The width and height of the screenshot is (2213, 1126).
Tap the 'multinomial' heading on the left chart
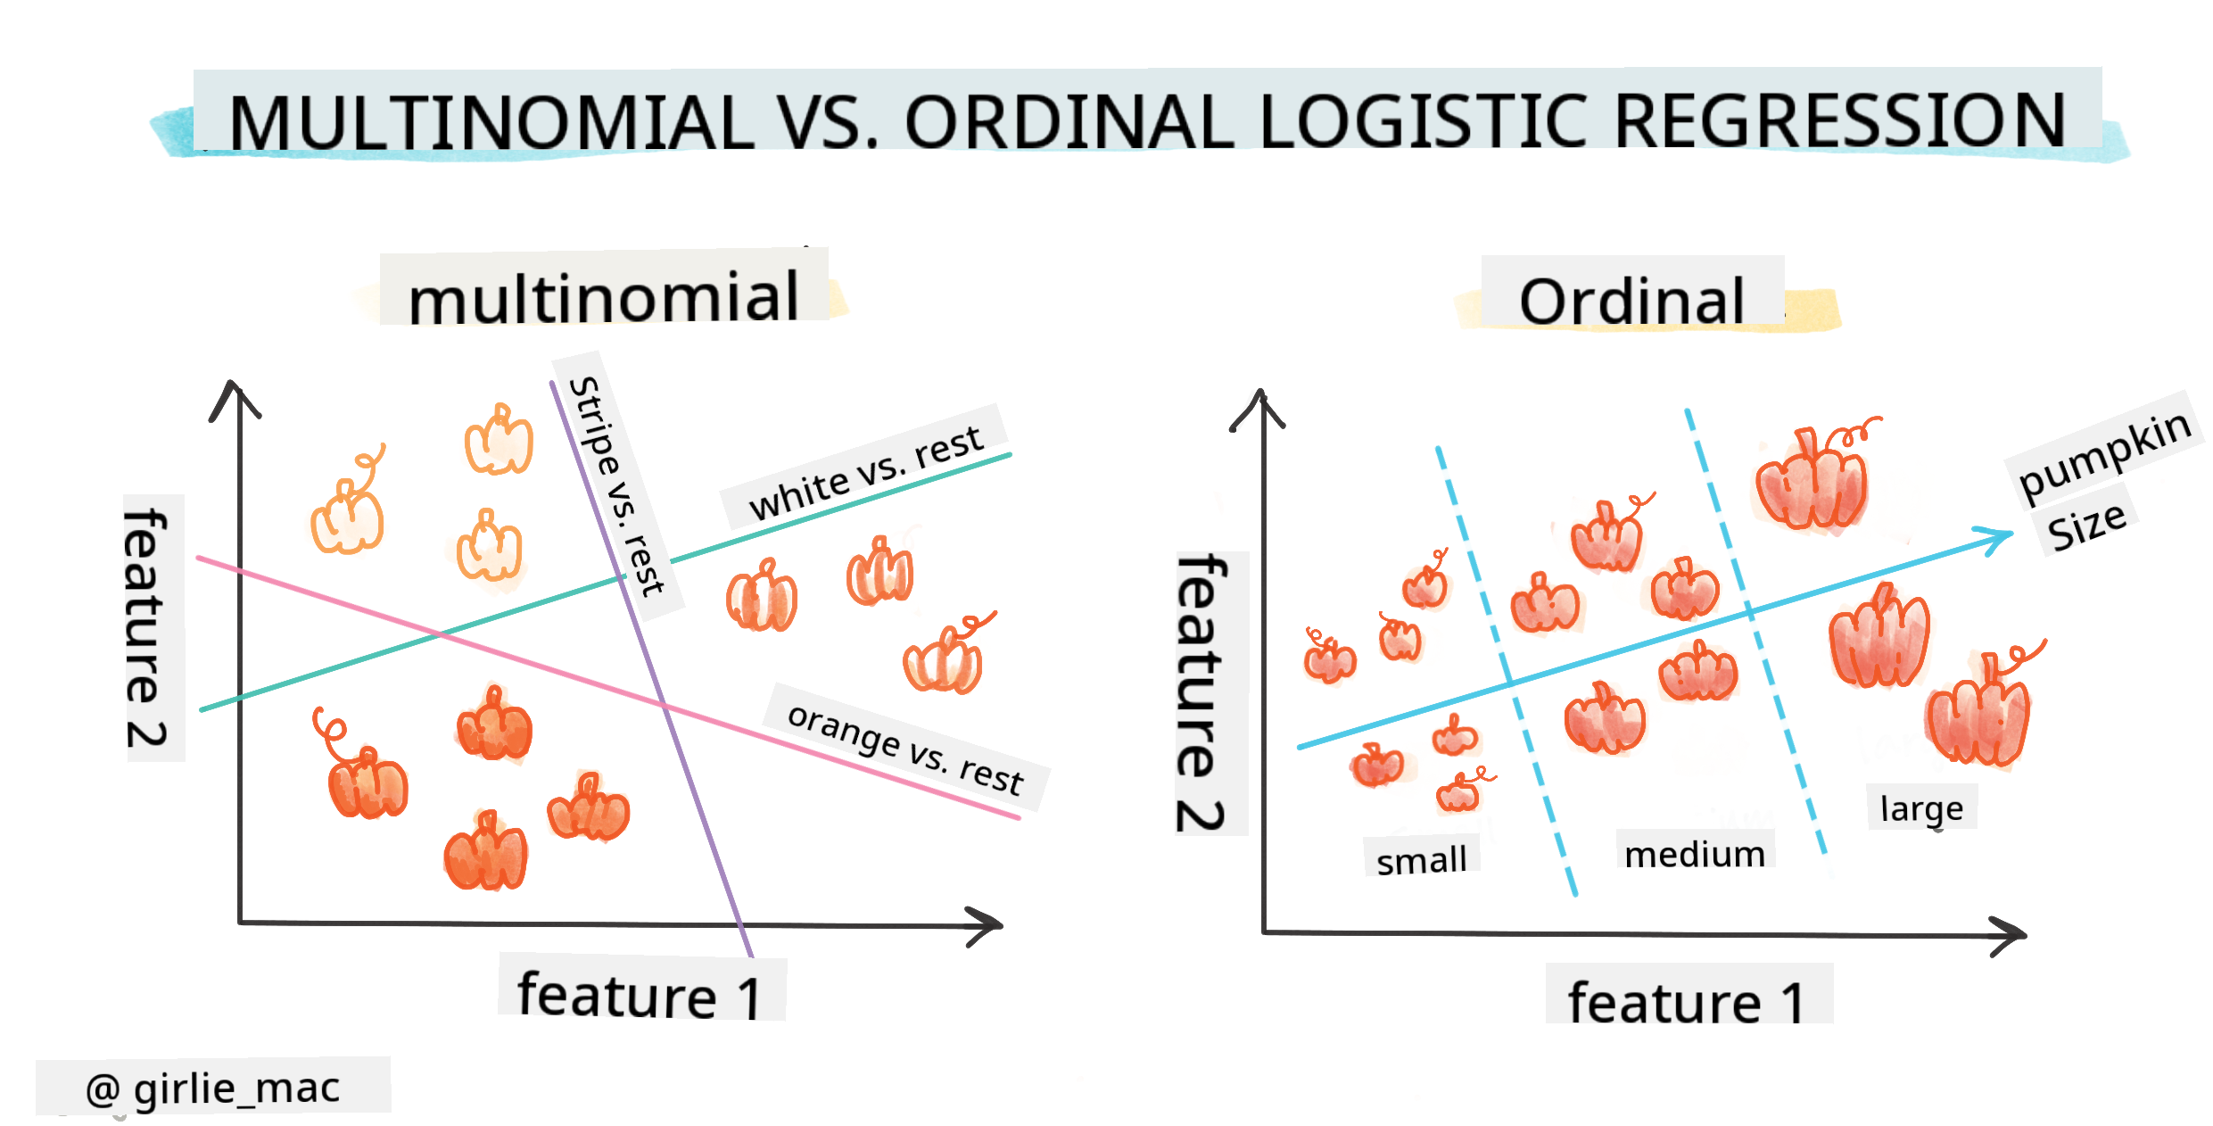[x=604, y=297]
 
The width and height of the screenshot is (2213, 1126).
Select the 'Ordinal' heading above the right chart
[x=1631, y=301]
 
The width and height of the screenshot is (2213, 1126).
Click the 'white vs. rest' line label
[x=866, y=472]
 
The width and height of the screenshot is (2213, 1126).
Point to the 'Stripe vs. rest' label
[x=616, y=485]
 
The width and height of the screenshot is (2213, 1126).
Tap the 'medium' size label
[x=1695, y=854]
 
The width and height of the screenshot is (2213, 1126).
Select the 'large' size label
[x=1921, y=808]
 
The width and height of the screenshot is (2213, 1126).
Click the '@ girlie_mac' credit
[x=213, y=1088]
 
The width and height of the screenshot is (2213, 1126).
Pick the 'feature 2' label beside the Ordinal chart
[x=1202, y=692]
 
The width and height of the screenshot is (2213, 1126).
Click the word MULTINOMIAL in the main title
[x=491, y=122]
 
